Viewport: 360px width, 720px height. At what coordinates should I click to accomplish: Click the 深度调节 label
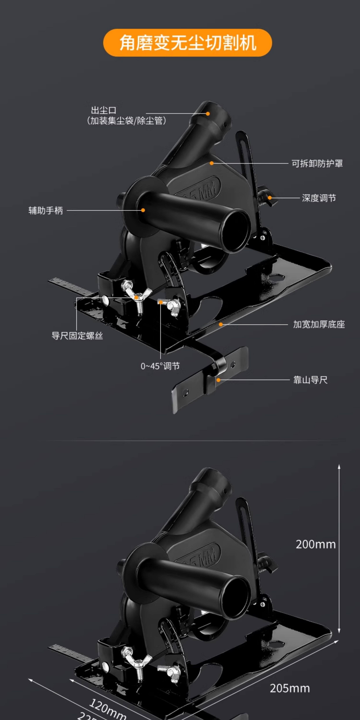(x=319, y=198)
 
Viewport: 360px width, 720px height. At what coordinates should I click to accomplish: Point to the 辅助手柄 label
(x=46, y=210)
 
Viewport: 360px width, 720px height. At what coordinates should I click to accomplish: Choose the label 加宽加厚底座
(x=319, y=324)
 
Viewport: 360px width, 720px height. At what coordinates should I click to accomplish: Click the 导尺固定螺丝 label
(x=77, y=336)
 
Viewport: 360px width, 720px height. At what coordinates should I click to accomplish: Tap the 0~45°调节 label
(x=160, y=366)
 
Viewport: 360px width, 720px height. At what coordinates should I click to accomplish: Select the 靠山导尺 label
(x=310, y=380)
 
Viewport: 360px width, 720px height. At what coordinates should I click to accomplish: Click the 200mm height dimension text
(x=316, y=544)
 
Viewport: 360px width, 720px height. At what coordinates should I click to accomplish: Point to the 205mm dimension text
(x=290, y=688)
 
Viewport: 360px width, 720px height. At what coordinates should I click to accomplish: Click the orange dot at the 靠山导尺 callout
(x=218, y=380)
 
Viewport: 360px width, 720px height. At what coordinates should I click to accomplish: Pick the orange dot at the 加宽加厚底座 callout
(x=221, y=324)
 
